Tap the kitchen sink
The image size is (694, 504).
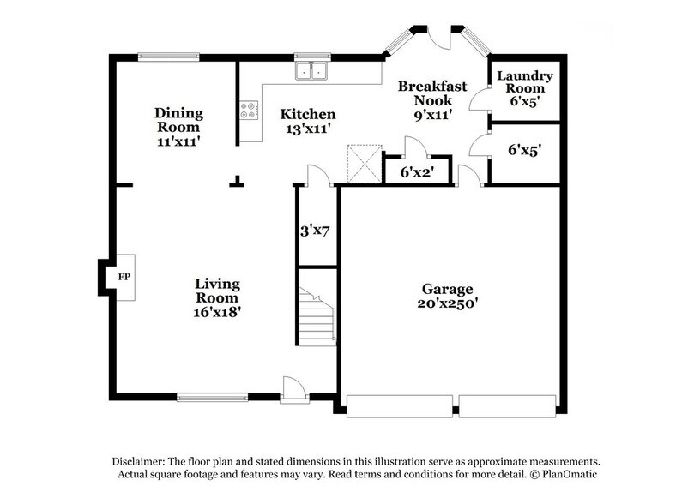pos(312,72)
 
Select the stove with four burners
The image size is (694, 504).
pos(249,110)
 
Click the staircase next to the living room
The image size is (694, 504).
pos(317,315)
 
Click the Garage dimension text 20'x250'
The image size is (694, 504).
pos(446,303)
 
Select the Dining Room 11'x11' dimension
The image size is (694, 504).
pos(178,141)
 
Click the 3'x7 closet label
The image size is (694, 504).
pos(316,230)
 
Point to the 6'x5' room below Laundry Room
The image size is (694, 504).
pos(524,150)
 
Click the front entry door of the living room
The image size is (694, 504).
pos(294,390)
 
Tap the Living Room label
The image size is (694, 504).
pos(217,284)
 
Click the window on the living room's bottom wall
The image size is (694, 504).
pos(212,397)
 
